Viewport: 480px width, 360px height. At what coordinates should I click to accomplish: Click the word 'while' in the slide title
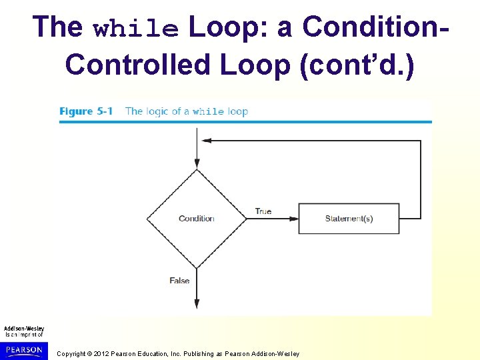pos(137,29)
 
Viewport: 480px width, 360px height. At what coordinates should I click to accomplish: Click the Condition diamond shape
pos(197,219)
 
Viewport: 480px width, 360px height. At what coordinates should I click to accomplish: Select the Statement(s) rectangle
pos(349,219)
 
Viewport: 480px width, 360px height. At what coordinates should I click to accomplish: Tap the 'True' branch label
pos(263,211)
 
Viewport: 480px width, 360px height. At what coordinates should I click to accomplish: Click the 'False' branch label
pos(179,281)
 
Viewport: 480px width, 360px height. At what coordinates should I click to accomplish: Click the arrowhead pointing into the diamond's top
pos(197,164)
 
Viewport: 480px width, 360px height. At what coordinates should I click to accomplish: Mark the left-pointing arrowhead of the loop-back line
pos(207,141)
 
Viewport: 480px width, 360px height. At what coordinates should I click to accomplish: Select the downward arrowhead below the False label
pos(197,304)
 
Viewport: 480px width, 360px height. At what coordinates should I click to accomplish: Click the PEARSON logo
pos(24,350)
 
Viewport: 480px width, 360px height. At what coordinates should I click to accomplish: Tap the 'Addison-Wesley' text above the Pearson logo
pos(24,329)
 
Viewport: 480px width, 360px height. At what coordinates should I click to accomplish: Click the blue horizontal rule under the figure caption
pos(245,122)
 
